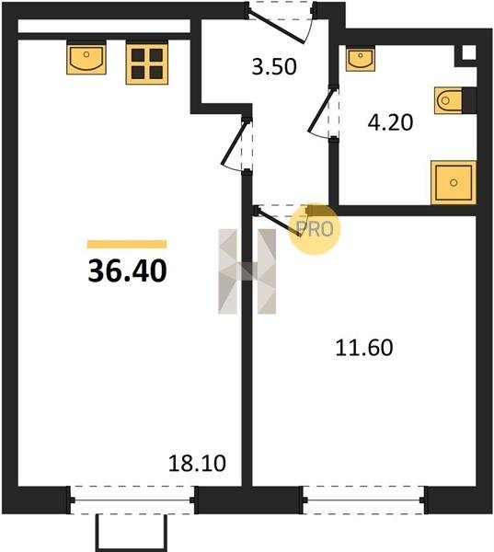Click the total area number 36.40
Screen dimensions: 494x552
127,271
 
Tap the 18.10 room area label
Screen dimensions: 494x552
197,464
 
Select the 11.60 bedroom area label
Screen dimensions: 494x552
364,348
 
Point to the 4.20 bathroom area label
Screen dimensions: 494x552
390,123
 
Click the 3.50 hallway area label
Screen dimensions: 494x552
274,67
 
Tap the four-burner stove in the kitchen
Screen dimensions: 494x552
147,64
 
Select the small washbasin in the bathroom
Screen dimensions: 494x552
361,59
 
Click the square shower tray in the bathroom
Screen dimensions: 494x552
454,182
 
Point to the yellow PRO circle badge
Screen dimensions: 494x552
315,229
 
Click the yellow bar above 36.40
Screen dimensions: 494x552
127,244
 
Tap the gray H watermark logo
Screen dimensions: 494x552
247,271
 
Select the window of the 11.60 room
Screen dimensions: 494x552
363,500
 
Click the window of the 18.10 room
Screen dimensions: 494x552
132,500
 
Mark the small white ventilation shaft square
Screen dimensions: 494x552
468,52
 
